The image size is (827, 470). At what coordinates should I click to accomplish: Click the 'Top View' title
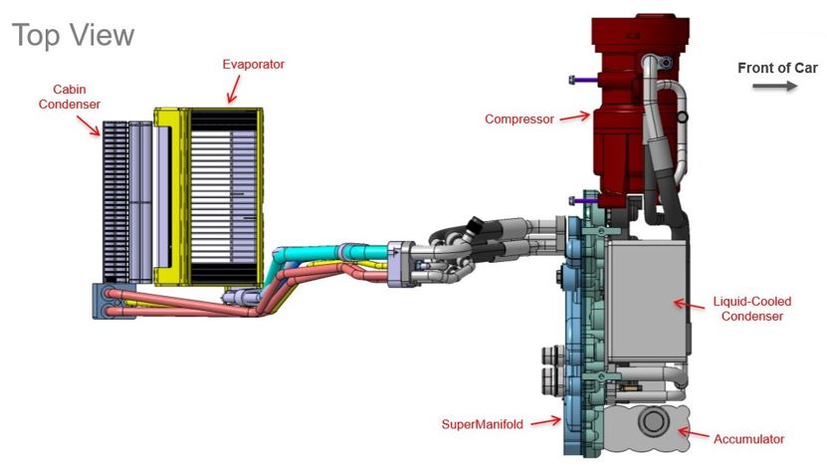click(x=75, y=35)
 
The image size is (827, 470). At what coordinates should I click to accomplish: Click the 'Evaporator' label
click(x=253, y=64)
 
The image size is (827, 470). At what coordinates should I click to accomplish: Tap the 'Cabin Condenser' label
click(x=77, y=96)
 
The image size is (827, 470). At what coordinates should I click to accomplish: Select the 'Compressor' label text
click(x=518, y=119)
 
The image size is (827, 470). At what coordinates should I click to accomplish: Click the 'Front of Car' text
click(x=777, y=68)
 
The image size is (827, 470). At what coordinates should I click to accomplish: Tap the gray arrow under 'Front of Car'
click(x=775, y=87)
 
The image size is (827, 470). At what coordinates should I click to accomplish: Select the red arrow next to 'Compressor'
click(x=571, y=118)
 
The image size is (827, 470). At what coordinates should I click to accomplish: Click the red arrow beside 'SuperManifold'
click(x=543, y=423)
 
